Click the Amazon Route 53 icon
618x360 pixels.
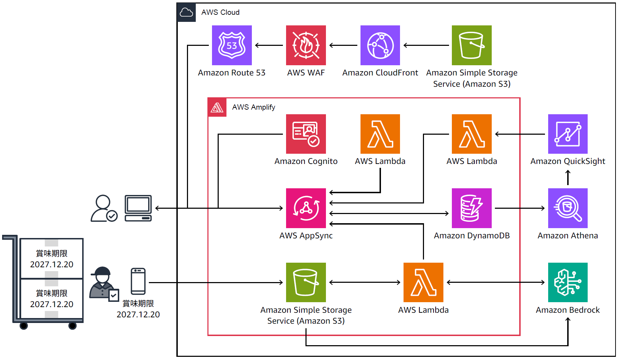click(232, 45)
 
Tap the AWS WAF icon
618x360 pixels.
click(306, 45)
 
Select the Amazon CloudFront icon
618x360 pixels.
click(380, 45)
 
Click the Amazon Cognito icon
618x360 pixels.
click(306, 134)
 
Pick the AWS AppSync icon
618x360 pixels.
click(306, 208)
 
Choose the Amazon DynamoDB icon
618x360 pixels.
click(472, 208)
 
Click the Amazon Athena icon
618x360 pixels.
click(568, 208)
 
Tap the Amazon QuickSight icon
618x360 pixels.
click(568, 134)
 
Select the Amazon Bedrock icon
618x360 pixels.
click(568, 282)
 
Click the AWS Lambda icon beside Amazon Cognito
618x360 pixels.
click(380, 134)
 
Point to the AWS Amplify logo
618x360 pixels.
click(217, 107)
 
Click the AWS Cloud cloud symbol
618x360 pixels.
click(186, 13)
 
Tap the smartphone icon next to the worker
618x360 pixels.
click(138, 281)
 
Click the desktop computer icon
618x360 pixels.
click(138, 208)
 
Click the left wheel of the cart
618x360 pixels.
click(24, 326)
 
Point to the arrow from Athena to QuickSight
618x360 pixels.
click(568, 177)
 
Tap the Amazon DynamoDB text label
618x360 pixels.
click(472, 236)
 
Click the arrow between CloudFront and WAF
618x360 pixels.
click(343, 45)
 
